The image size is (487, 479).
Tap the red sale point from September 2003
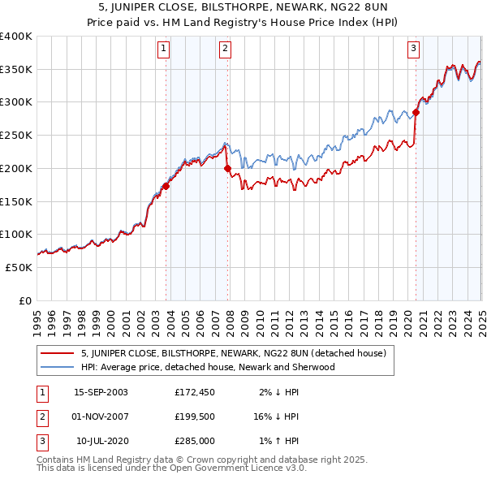pyautogui.click(x=166, y=186)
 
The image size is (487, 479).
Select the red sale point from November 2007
pyautogui.click(x=227, y=168)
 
